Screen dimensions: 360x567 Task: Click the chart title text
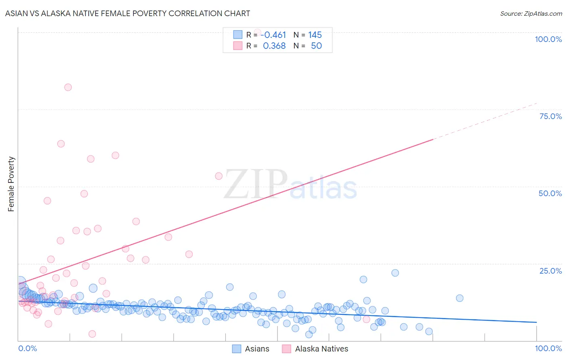pos(127,13)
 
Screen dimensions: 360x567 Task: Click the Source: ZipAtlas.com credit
pos(531,13)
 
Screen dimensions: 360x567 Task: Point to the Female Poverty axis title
pos(11,184)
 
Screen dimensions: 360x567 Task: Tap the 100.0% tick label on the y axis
pos(548,39)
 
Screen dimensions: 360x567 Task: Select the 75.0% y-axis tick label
pos(550,116)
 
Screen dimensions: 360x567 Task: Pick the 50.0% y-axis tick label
pos(550,193)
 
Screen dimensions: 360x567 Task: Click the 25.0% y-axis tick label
pos(550,271)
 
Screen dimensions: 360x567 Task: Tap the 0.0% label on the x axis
pos(27,348)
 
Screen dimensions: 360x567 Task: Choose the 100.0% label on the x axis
pos(548,348)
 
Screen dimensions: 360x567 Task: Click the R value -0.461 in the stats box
pos(273,35)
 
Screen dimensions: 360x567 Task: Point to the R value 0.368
pos(274,46)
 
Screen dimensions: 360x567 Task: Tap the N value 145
pos(315,35)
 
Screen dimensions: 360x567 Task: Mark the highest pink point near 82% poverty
pos(68,87)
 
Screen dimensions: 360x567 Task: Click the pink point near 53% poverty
pos(219,176)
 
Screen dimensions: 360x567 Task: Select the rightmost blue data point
pos(459,298)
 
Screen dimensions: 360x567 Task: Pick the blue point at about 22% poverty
pos(395,273)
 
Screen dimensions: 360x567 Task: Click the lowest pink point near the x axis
pos(92,334)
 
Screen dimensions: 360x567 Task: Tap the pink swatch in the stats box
pos(238,46)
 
